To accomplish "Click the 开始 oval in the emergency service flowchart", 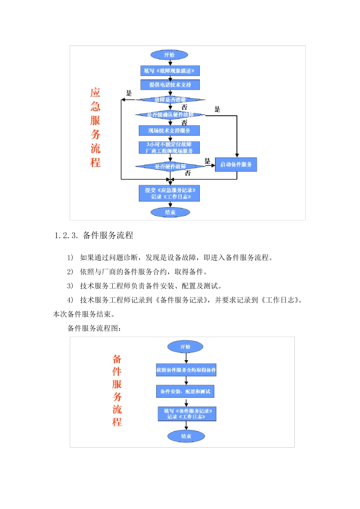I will click(169, 55).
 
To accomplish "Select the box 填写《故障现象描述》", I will click(170, 71).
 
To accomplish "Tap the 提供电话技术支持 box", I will click(170, 85).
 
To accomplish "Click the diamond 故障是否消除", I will click(170, 100).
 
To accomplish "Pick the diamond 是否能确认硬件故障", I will click(170, 114).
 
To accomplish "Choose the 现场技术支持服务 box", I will click(169, 131).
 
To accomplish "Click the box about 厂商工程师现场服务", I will click(169, 148).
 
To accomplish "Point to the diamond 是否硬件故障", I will click(170, 167).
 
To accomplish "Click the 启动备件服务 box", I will click(236, 164).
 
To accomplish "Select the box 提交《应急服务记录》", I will click(169, 194).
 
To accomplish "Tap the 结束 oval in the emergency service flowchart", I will click(170, 212).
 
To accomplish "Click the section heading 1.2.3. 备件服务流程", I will click(94, 236).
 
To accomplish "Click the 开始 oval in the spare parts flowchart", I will click(185, 347).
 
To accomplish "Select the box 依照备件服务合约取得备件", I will click(186, 370).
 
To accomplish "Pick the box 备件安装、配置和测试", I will click(185, 392).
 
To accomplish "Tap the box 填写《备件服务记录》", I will click(187, 414).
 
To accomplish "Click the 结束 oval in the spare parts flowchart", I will click(186, 436).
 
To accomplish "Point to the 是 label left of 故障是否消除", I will click(129, 93).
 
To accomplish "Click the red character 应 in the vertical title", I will click(95, 93).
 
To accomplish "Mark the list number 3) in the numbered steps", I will click(70, 286).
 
